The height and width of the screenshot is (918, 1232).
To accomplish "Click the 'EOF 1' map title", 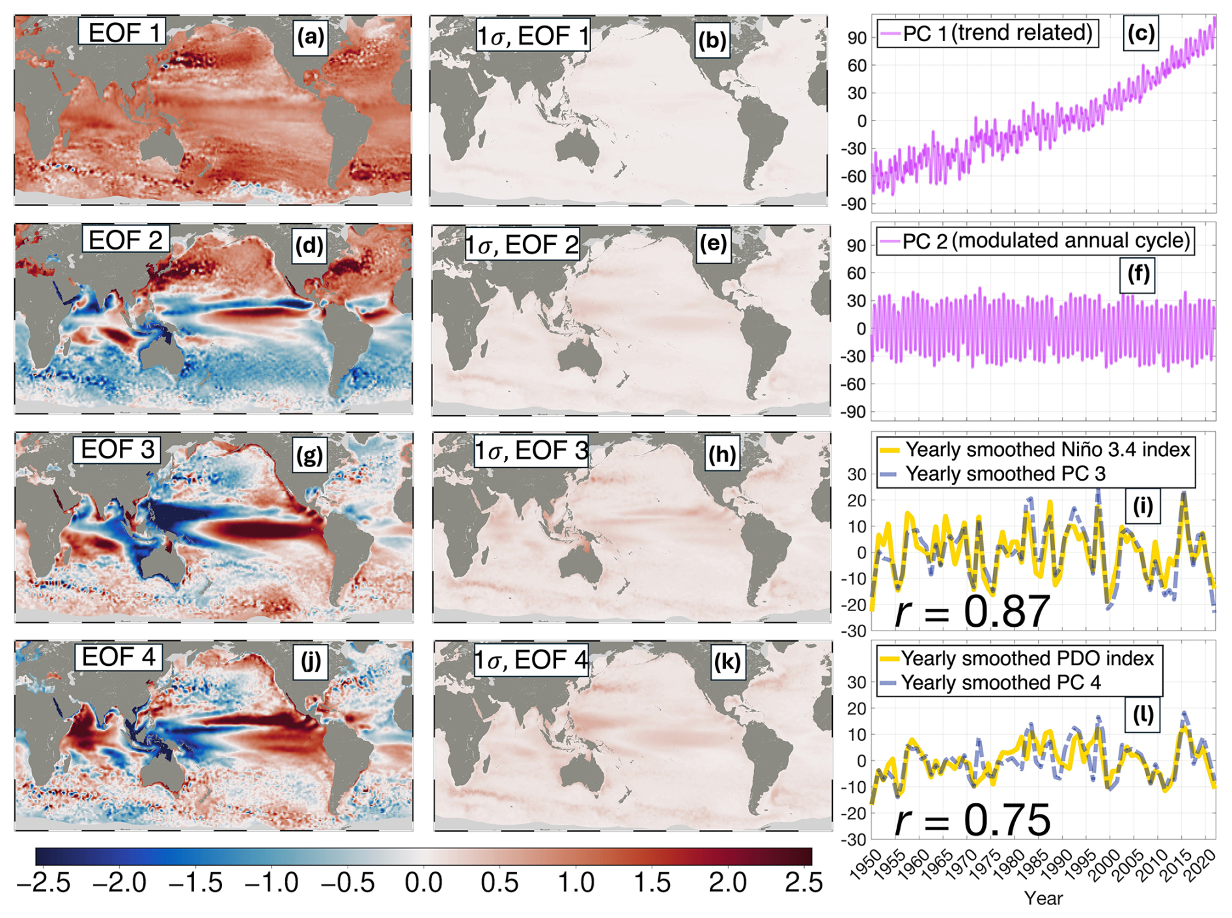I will click(x=122, y=32).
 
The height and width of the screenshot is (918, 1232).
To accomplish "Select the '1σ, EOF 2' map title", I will click(x=522, y=245).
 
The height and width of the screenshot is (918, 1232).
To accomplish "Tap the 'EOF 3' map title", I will click(x=118, y=449).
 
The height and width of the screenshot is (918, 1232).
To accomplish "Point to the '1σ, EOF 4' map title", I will click(x=531, y=660).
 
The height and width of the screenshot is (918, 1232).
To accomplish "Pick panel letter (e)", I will click(x=713, y=244).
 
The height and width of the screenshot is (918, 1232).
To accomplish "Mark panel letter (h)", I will click(x=721, y=453).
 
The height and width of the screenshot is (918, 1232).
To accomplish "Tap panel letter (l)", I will click(x=1143, y=715).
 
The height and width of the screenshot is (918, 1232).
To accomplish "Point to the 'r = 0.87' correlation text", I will click(x=972, y=612).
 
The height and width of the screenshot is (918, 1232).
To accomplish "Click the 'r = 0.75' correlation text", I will click(x=972, y=820).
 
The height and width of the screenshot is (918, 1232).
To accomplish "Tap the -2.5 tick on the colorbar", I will click(x=43, y=883).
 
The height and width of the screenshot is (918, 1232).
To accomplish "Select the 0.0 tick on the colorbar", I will click(x=423, y=883).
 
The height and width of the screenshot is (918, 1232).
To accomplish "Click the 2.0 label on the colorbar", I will click(x=727, y=883).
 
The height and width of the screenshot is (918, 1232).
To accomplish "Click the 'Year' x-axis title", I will click(x=1043, y=898).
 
